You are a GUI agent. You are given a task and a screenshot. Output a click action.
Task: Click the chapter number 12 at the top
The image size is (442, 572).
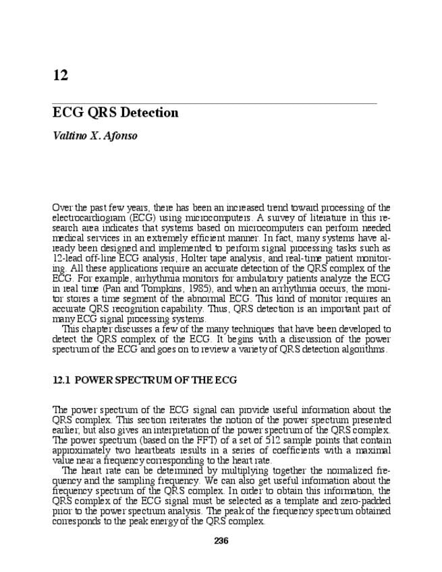click(x=60, y=76)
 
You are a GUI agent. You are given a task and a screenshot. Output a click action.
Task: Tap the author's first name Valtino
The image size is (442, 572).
click(x=71, y=136)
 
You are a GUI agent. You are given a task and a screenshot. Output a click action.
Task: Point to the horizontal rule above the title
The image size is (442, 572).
click(x=214, y=103)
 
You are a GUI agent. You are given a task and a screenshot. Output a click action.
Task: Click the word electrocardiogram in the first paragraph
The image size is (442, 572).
click(x=88, y=217)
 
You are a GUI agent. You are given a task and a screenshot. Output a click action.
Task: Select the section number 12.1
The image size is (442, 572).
click(x=61, y=380)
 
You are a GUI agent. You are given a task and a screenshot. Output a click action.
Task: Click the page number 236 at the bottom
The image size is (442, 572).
click(x=221, y=541)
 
